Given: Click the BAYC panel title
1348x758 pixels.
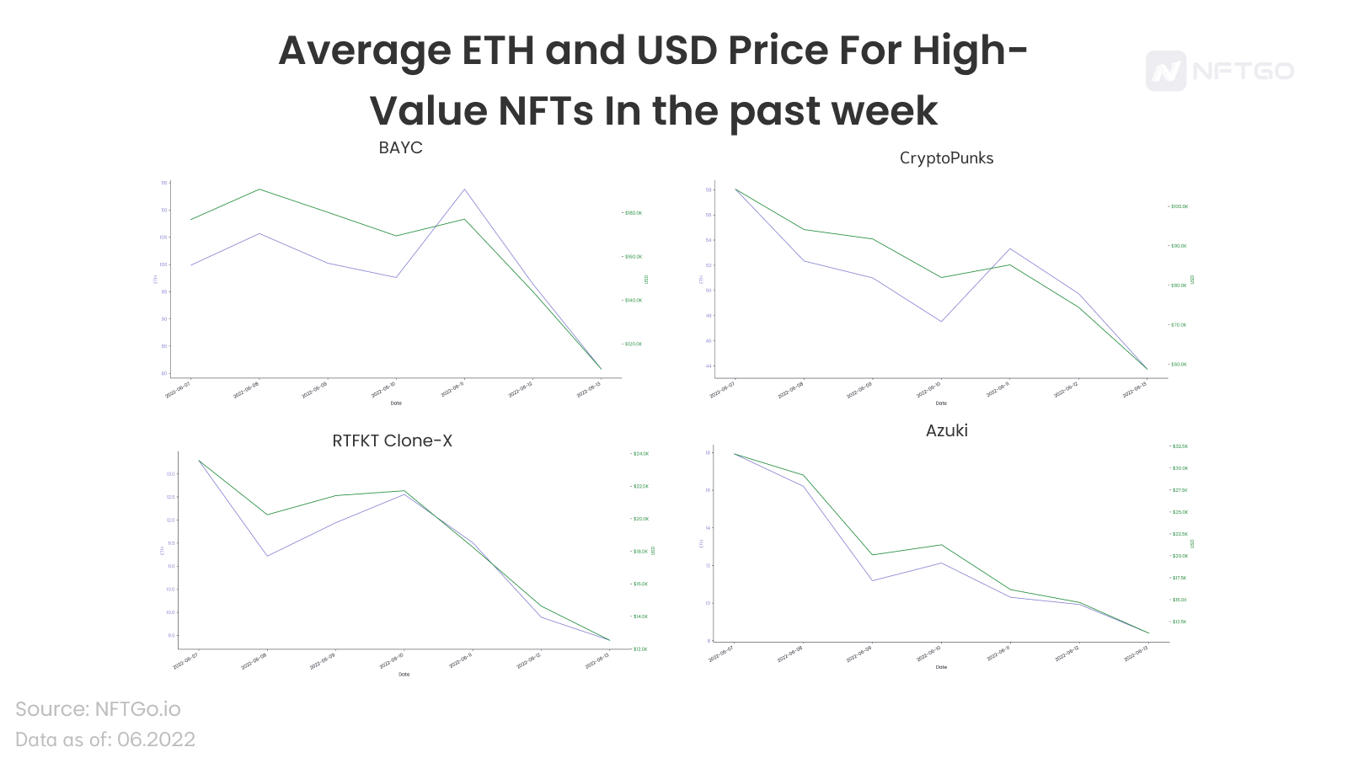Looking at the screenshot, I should [400, 147].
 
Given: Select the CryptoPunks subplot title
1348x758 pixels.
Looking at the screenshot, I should [946, 157].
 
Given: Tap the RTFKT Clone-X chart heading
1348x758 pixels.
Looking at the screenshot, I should [392, 440].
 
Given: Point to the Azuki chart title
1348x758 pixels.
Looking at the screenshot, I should [946, 430].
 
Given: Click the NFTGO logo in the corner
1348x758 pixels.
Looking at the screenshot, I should [1219, 71].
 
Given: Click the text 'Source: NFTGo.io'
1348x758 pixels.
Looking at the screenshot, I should [98, 709].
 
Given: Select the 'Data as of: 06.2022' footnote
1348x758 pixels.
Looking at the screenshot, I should [105, 739].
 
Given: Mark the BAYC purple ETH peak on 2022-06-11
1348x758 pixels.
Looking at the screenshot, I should [464, 189].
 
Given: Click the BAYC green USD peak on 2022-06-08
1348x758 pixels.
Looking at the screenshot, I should [259, 189].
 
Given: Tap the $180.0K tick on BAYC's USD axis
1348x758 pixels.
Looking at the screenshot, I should [633, 213].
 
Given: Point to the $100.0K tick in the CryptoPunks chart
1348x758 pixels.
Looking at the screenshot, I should [1179, 206].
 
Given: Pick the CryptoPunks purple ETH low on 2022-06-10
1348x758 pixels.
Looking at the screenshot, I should [941, 321].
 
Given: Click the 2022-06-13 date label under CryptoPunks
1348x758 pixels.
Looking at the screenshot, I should [1134, 389].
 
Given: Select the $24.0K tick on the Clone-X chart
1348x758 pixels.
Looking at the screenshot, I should [640, 454].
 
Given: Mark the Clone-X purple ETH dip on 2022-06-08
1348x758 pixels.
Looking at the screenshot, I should [267, 556].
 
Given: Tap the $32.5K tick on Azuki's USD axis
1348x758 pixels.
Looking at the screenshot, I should [1179, 446].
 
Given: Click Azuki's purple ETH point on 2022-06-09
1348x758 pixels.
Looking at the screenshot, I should [873, 580].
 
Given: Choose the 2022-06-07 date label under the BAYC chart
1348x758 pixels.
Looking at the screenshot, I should [178, 390].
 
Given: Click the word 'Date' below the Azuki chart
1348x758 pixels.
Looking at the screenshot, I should [941, 667].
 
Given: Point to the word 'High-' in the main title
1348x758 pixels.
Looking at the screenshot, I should [970, 51].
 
